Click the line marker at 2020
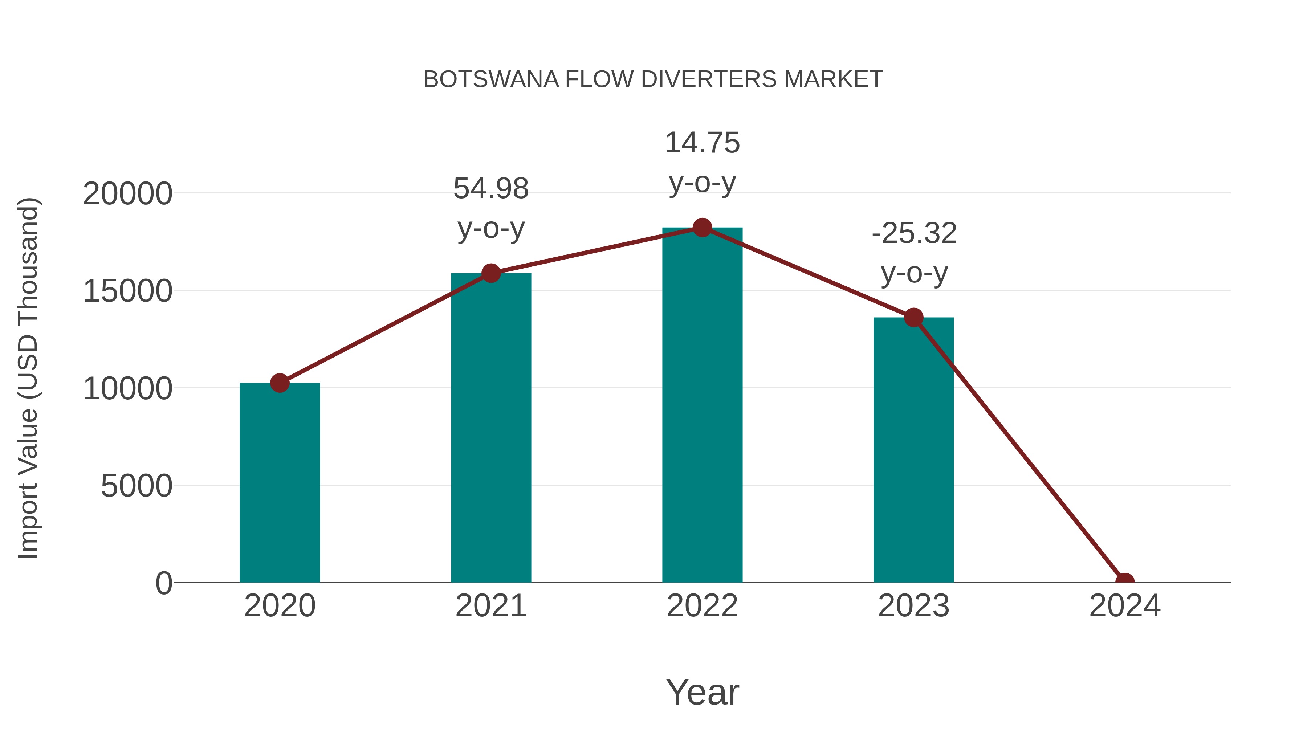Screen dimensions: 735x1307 280,383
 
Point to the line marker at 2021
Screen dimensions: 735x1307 490,273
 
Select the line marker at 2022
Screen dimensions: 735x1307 702,228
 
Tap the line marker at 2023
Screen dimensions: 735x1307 913,318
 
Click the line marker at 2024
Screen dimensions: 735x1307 1125,581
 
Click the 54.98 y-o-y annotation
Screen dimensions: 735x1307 490,208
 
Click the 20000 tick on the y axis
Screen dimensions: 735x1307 127,194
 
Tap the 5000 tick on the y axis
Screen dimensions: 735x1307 137,486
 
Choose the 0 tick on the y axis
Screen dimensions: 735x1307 164,583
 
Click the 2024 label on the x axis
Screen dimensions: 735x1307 1125,606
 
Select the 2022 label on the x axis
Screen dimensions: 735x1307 702,606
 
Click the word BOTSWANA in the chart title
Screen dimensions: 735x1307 490,79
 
